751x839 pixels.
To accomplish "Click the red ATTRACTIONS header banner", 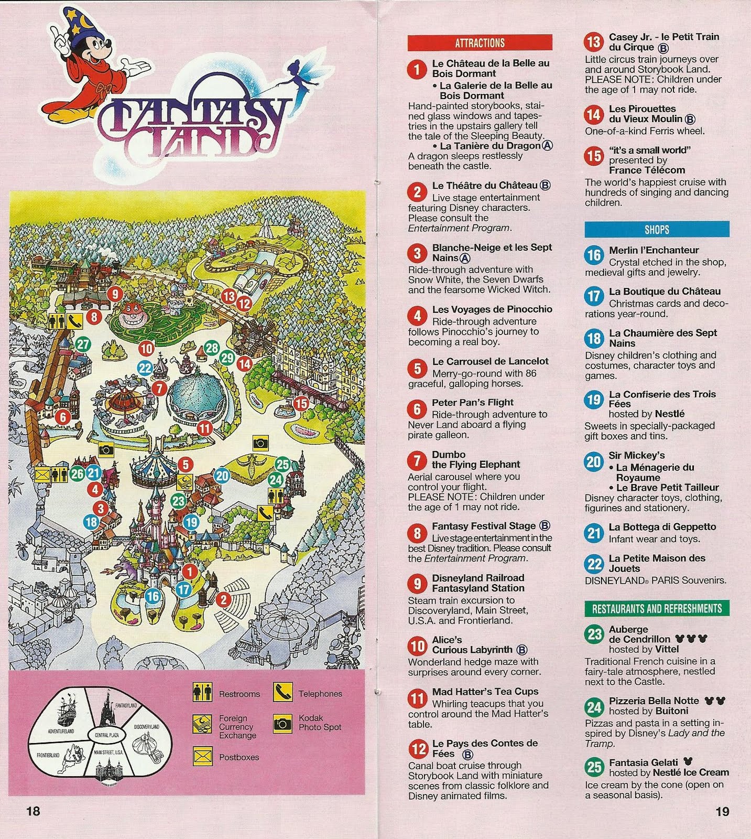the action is (x=480, y=42).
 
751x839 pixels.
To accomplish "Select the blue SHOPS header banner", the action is (x=657, y=229).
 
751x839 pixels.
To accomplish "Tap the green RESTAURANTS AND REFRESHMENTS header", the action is (x=657, y=608).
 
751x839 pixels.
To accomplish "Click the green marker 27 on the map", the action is (x=83, y=345).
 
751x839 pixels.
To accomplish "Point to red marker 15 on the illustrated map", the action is (x=301, y=403).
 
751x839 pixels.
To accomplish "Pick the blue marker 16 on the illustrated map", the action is (x=153, y=596).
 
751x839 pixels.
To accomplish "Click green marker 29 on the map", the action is (x=227, y=358).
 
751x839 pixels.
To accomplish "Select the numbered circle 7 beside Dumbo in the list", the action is (x=417, y=460).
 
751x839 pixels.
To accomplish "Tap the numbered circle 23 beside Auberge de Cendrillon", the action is (x=594, y=634).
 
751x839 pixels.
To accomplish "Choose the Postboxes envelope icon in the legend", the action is (x=202, y=756).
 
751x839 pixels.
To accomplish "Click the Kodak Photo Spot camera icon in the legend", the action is (x=282, y=724).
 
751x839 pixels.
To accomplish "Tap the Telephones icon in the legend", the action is (x=282, y=693).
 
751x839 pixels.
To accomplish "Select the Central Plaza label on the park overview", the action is (x=106, y=736).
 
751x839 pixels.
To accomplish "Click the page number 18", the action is (x=32, y=811).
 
